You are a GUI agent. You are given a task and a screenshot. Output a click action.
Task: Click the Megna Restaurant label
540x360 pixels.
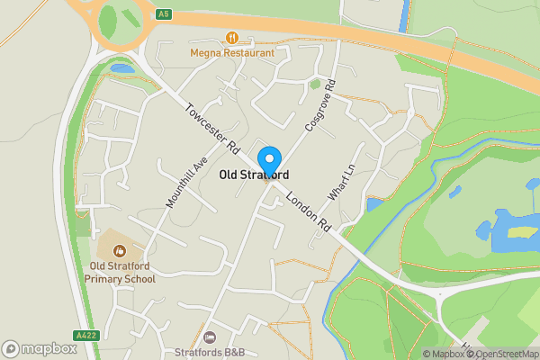coord(232,52)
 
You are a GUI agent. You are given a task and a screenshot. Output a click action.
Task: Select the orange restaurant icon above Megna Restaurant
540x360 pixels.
coord(232,38)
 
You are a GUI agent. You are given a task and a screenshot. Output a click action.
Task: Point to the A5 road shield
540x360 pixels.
coord(163,15)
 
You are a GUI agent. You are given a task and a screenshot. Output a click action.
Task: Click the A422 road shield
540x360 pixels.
coord(87,335)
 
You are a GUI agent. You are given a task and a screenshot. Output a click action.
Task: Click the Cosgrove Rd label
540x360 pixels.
coord(319,105)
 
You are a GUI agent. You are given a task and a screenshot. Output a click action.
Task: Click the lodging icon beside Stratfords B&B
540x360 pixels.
coord(210,337)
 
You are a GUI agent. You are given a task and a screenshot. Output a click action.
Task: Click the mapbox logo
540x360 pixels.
coord(39,348)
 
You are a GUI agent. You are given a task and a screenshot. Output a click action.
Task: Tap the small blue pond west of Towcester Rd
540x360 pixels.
coord(121,68)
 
